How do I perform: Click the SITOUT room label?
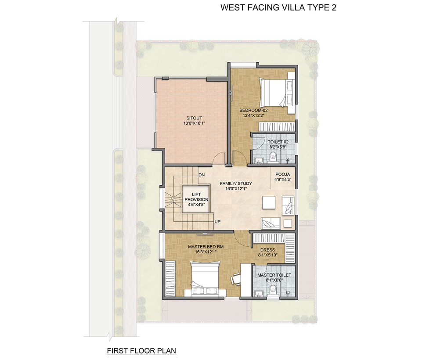pyautogui.click(x=194, y=118)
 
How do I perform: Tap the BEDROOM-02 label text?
pyautogui.click(x=253, y=110)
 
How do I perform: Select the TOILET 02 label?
pyautogui.click(x=278, y=142)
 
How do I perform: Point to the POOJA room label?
pyautogui.click(x=282, y=174)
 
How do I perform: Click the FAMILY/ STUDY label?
pyautogui.click(x=236, y=184)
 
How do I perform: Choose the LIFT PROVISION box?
pyautogui.click(x=196, y=199)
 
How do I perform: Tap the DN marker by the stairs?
pyautogui.click(x=202, y=175)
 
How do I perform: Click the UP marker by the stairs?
pyautogui.click(x=217, y=222)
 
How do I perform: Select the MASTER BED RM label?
pyautogui.click(x=206, y=247)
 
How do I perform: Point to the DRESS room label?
pyautogui.click(x=267, y=250)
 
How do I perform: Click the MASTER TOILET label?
pyautogui.click(x=274, y=275)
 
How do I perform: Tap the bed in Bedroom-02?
pyautogui.click(x=277, y=93)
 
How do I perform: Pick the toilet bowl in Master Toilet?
pyautogui.click(x=273, y=292)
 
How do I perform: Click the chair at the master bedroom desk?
pyautogui.click(x=235, y=278)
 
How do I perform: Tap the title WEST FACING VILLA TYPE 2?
pyautogui.click(x=278, y=7)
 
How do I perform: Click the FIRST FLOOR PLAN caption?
pyautogui.click(x=141, y=351)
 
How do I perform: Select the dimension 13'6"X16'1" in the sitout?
pyautogui.click(x=194, y=123)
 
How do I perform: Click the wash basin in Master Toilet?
pyautogui.click(x=258, y=293)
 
